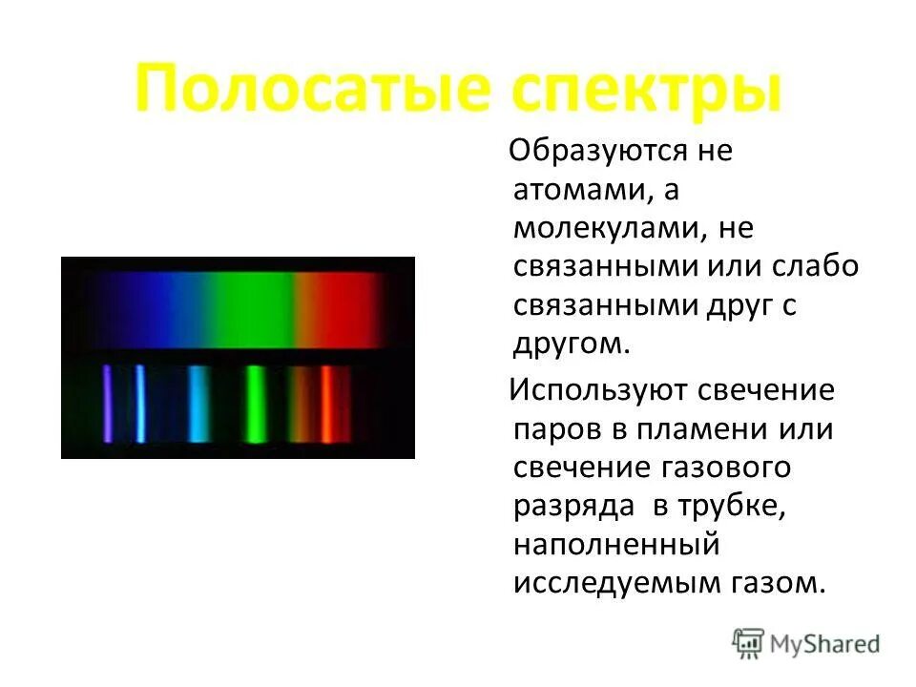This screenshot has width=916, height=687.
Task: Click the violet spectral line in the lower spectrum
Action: pos(107,403)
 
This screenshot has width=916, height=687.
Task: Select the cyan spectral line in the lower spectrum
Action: pos(198,404)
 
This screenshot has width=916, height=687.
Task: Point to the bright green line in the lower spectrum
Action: pos(256,404)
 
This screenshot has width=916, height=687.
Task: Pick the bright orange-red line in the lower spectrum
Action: pos(326,404)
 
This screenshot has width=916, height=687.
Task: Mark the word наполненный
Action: pos(615,545)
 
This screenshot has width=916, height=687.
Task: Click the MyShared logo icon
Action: pos(748,645)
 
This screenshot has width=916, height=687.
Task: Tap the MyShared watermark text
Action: pos(825,645)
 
